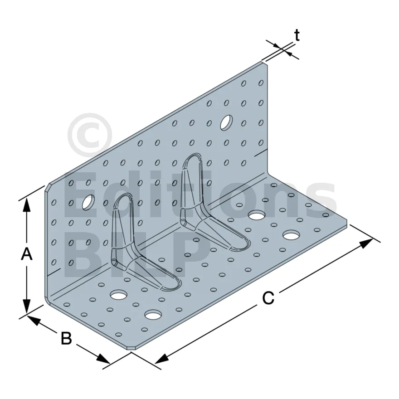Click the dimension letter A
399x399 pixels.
26,254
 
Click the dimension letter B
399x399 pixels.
66,338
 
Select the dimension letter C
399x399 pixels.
268,298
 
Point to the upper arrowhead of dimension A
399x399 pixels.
26,205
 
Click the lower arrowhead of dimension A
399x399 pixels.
26,306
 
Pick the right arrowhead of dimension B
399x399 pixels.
103,359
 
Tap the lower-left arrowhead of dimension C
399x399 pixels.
162,358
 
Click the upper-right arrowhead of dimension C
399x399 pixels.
366,243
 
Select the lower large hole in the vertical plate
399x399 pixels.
88,203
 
